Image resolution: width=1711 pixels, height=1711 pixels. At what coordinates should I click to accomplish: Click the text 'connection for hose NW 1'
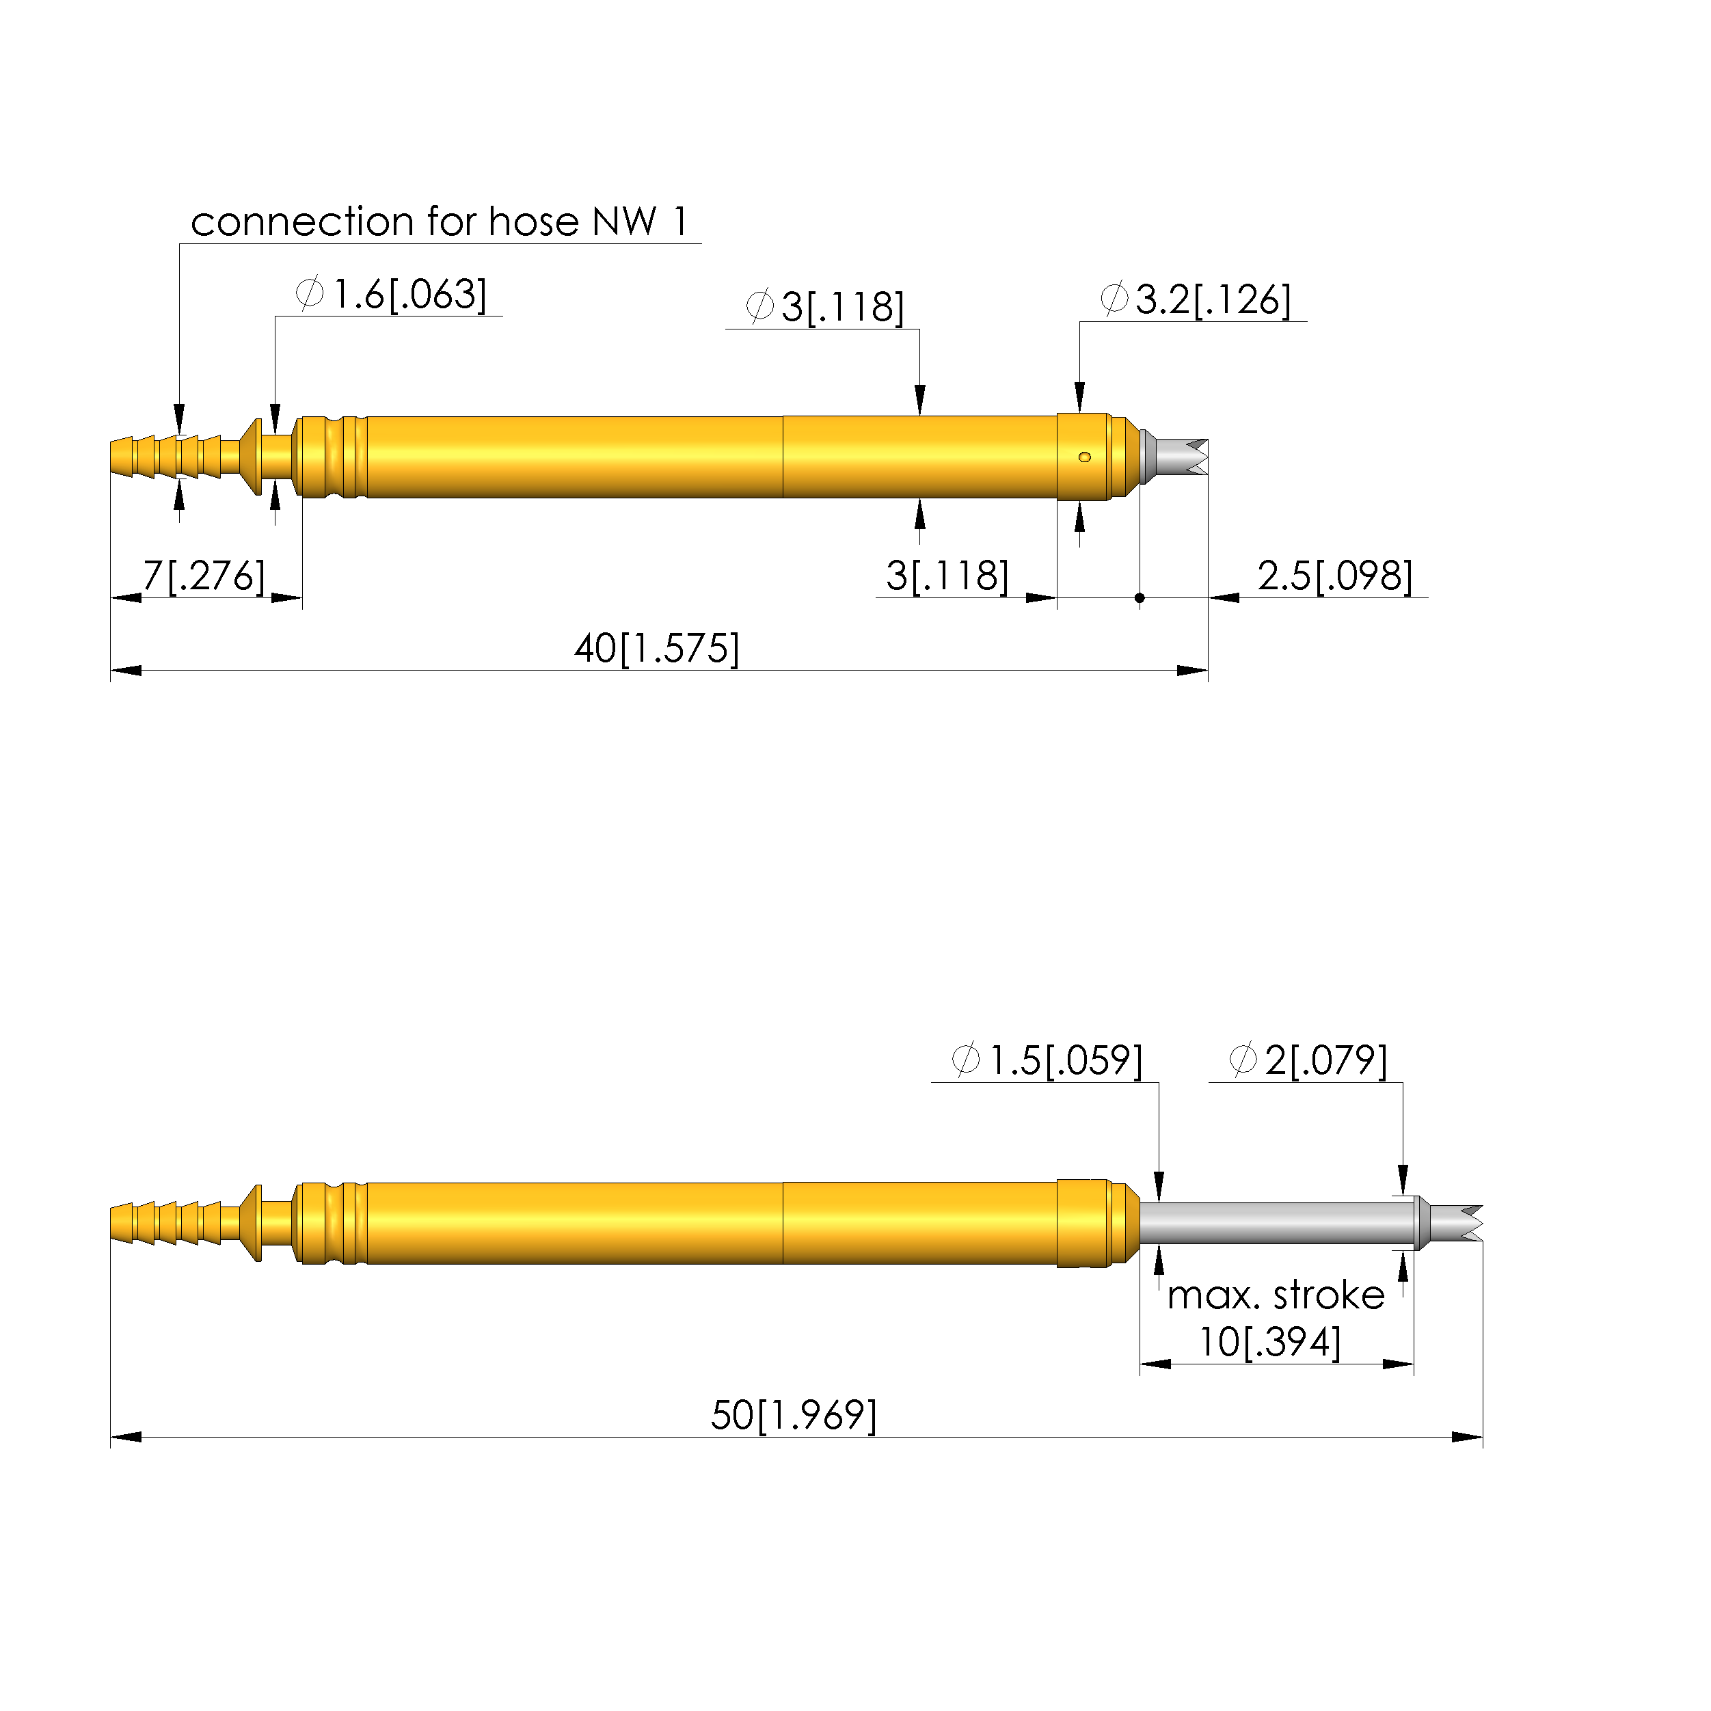tap(440, 221)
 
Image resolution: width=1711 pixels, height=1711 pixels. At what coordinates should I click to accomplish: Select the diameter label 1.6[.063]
tap(392, 294)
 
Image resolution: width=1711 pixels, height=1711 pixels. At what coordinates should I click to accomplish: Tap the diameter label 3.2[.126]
tap(1196, 299)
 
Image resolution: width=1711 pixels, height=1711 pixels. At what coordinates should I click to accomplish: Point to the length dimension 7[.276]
tap(204, 576)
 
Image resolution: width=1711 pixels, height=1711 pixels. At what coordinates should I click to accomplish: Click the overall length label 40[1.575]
tap(657, 648)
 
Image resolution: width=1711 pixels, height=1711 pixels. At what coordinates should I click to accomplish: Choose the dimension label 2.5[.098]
tap(1336, 576)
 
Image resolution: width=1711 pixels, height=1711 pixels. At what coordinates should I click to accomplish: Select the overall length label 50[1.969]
tap(794, 1415)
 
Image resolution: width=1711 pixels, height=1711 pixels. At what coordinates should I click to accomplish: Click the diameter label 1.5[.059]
tap(1048, 1060)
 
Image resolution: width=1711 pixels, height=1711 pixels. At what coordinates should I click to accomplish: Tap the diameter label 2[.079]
tap(1309, 1060)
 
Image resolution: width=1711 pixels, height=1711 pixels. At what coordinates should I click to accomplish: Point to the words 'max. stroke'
tap(1276, 1295)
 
